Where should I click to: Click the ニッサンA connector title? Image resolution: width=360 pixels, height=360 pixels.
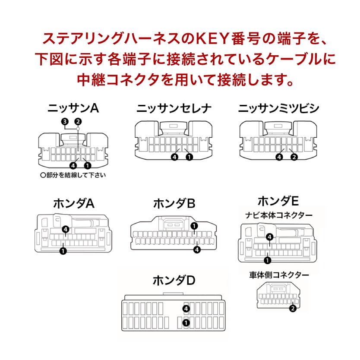(73, 108)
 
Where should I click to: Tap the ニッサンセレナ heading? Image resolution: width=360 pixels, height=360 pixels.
(174, 108)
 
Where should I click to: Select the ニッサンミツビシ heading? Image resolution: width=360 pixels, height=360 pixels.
(278, 108)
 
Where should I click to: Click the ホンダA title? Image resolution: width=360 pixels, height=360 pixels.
(73, 203)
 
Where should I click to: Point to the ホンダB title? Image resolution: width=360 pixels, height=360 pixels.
(174, 203)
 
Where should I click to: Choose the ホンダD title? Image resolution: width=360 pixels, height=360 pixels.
(174, 281)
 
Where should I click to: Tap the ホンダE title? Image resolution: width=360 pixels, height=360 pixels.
(278, 201)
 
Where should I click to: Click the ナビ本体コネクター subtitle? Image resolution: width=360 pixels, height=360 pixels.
(279, 215)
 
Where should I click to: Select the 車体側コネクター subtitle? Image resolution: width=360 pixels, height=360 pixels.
(279, 275)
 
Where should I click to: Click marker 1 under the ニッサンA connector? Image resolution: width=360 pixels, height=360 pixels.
(88, 165)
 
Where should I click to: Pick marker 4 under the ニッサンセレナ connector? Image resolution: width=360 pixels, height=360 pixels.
(175, 157)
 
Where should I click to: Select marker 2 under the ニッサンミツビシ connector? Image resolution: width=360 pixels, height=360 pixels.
(294, 157)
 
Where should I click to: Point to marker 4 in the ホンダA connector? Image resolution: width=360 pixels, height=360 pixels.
(65, 229)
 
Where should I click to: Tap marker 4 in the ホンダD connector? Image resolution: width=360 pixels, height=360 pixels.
(186, 308)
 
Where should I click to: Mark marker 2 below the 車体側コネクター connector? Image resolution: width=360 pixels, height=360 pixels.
(293, 308)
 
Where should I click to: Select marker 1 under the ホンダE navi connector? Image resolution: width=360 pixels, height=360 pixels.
(268, 260)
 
